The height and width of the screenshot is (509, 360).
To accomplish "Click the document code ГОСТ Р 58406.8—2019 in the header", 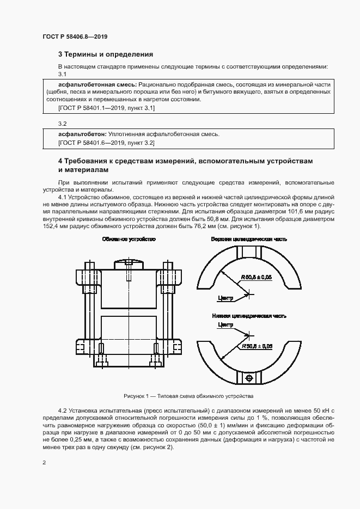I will (x=75, y=36).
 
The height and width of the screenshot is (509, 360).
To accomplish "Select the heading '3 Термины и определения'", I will (x=105, y=54).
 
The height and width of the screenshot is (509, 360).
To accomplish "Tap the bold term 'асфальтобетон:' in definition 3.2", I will (x=83, y=133).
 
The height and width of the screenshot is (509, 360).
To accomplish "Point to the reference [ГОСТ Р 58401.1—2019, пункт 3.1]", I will (x=106, y=108).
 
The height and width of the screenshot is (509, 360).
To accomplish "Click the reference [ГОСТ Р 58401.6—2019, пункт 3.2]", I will (x=106, y=143).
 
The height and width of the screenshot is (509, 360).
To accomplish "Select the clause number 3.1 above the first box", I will (x=62, y=73).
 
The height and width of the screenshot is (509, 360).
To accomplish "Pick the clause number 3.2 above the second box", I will (x=62, y=123).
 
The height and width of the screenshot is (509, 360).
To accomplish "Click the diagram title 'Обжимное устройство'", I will (x=129, y=239).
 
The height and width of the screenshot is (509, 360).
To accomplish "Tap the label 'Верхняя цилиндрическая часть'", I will (x=249, y=239).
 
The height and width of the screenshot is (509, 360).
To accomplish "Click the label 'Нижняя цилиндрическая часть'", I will (x=249, y=316).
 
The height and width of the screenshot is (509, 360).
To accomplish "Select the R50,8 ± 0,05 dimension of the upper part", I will (x=256, y=278).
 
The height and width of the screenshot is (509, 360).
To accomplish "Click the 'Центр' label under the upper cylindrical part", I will (x=225, y=298).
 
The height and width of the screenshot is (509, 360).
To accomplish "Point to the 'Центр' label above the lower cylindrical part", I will (x=225, y=325).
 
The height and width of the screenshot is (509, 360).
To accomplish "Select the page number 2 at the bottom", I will (x=44, y=463).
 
